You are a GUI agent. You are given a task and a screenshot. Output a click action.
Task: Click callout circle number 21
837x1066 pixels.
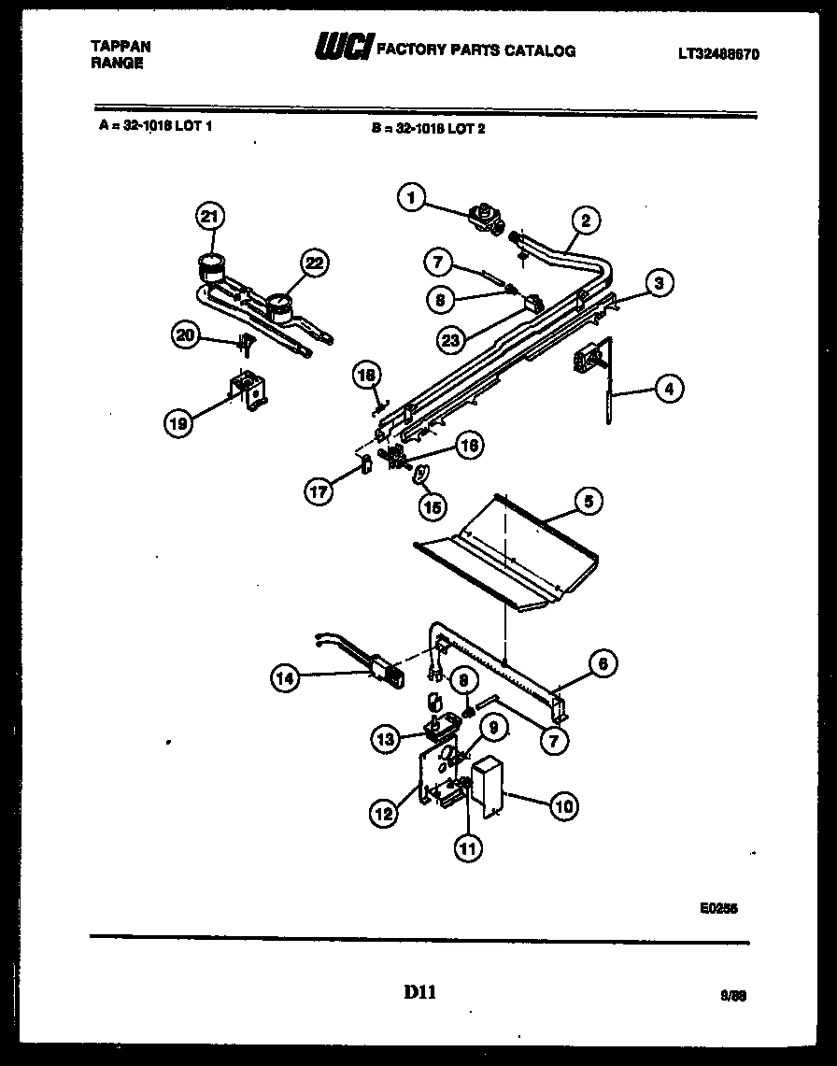(x=210, y=217)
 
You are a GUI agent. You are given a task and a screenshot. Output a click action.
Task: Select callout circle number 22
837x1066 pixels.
(x=314, y=263)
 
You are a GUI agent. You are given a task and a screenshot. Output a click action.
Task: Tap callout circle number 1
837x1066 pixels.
(x=410, y=197)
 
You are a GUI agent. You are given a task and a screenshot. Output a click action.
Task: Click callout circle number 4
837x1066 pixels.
(x=668, y=388)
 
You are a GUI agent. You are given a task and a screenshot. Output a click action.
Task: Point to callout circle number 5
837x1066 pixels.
(x=588, y=502)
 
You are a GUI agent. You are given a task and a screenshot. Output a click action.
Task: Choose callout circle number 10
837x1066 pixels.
(x=563, y=805)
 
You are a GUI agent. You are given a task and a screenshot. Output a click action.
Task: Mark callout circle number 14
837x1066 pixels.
(x=286, y=680)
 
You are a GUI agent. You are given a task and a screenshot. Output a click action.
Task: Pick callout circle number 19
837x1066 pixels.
(x=179, y=423)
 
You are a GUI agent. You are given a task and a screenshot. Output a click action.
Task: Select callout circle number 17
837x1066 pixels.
(x=320, y=491)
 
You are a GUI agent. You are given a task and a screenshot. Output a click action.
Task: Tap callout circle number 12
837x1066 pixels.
(x=384, y=814)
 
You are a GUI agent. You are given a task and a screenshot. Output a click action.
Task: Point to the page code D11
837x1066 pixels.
(x=419, y=993)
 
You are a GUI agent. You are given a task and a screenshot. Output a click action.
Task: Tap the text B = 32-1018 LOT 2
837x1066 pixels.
(x=428, y=129)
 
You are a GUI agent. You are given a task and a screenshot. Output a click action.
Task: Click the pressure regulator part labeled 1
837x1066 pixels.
(x=485, y=219)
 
